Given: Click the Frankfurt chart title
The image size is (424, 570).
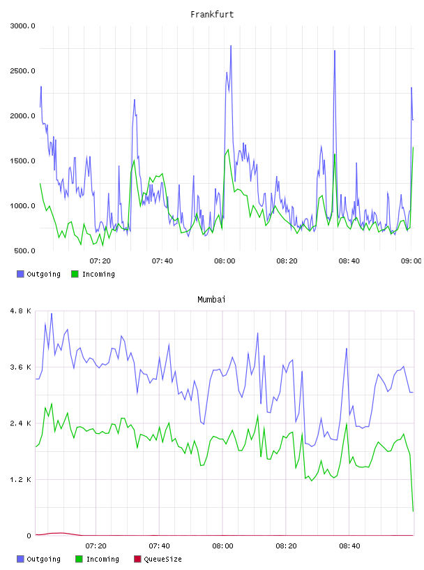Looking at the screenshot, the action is tap(212, 15).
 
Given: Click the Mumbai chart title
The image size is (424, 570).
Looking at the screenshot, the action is tap(211, 300).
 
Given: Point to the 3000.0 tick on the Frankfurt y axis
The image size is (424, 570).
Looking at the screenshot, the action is tap(22, 26).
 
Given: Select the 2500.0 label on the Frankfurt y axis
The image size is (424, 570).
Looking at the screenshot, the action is tap(22, 71).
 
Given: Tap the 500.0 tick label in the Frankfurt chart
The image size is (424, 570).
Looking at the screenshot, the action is tap(24, 251).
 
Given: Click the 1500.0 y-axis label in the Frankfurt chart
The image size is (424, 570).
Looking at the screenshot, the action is tap(22, 161).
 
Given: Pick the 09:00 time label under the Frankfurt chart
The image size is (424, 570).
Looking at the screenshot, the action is tap(411, 261).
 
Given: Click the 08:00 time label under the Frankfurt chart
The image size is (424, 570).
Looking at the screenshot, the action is tap(225, 261).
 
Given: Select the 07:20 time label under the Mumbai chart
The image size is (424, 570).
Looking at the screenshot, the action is tap(96, 546).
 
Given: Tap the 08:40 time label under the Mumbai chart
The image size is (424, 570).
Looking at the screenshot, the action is tap(349, 546).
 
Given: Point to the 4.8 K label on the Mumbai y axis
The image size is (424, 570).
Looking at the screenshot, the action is tap(21, 311).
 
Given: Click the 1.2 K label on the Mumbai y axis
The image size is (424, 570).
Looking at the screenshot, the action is tap(21, 480).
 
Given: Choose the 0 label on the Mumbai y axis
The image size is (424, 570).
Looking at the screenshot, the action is tap(29, 536).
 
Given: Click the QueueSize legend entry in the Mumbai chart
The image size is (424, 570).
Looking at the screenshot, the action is tap(158, 559).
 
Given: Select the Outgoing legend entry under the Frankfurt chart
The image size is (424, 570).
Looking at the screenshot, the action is tap(39, 274).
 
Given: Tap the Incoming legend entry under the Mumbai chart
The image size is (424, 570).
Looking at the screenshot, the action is tap(98, 559).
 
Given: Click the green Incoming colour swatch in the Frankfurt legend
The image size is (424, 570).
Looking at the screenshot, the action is tap(75, 274).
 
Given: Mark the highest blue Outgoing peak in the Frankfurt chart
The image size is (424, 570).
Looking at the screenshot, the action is tap(231, 46).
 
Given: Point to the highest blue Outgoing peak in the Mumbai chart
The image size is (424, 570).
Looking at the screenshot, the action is tap(52, 314).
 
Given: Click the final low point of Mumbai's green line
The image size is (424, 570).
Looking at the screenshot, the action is tap(413, 511).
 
